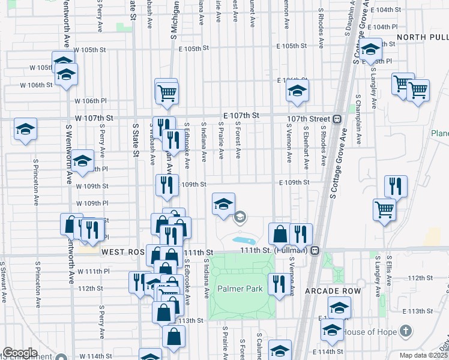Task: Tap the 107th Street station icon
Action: click(x=337, y=118)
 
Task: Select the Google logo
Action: click(x=20, y=352)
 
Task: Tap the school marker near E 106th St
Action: click(x=296, y=92)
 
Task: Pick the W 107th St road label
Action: click(x=94, y=119)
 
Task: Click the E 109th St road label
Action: click(x=294, y=182)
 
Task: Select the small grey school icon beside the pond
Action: click(x=240, y=217)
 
